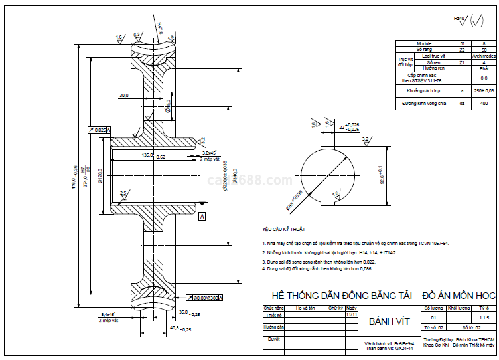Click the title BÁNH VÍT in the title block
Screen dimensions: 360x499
pyautogui.click(x=386, y=322)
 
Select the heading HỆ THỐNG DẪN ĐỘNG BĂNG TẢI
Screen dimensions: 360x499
pyautogui.click(x=338, y=294)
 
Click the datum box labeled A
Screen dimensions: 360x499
pyautogui.click(x=202, y=216)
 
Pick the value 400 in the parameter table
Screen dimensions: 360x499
pyautogui.click(x=484, y=104)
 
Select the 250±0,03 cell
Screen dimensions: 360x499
pyautogui.click(x=484, y=90)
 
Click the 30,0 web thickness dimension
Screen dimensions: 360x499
pyautogui.click(x=124, y=95)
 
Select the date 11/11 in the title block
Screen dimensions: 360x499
pyautogui.click(x=351, y=315)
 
